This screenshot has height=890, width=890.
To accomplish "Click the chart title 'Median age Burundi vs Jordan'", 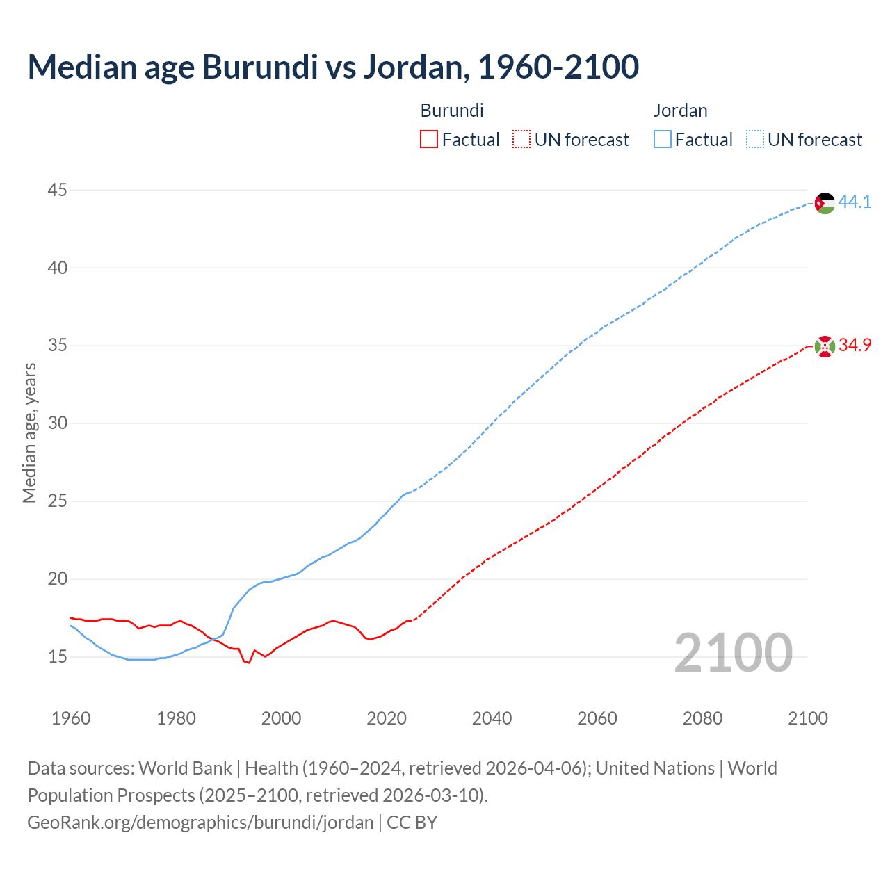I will pos(333,67).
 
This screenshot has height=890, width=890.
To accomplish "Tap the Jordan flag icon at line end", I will pos(825,203).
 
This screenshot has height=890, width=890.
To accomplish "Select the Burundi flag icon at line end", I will pos(825,346).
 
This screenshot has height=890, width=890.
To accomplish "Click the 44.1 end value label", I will pos(855,202).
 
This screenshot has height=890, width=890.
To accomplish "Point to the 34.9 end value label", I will pos(855,346).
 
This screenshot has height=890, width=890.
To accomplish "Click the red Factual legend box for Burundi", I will pos(429,140).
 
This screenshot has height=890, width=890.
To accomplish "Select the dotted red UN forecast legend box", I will pos(521,140).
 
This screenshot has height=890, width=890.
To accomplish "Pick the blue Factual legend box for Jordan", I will pos(663,140).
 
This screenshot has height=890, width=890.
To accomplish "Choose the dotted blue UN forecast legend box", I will pos(754,140).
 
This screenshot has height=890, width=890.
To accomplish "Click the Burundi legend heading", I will pos(452,111).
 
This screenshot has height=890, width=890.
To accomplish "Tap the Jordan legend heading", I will pos(680,111).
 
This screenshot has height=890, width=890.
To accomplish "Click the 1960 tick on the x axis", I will pos(71,718).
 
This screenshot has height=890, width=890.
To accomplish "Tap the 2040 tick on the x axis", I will pos(492,718).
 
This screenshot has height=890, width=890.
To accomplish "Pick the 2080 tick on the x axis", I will pos(702,718).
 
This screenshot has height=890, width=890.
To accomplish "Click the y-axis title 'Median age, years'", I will pos(29,432).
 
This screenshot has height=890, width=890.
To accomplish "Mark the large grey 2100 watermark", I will pos(733,652).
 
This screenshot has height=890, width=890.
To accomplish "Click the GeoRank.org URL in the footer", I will pos(200,823).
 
